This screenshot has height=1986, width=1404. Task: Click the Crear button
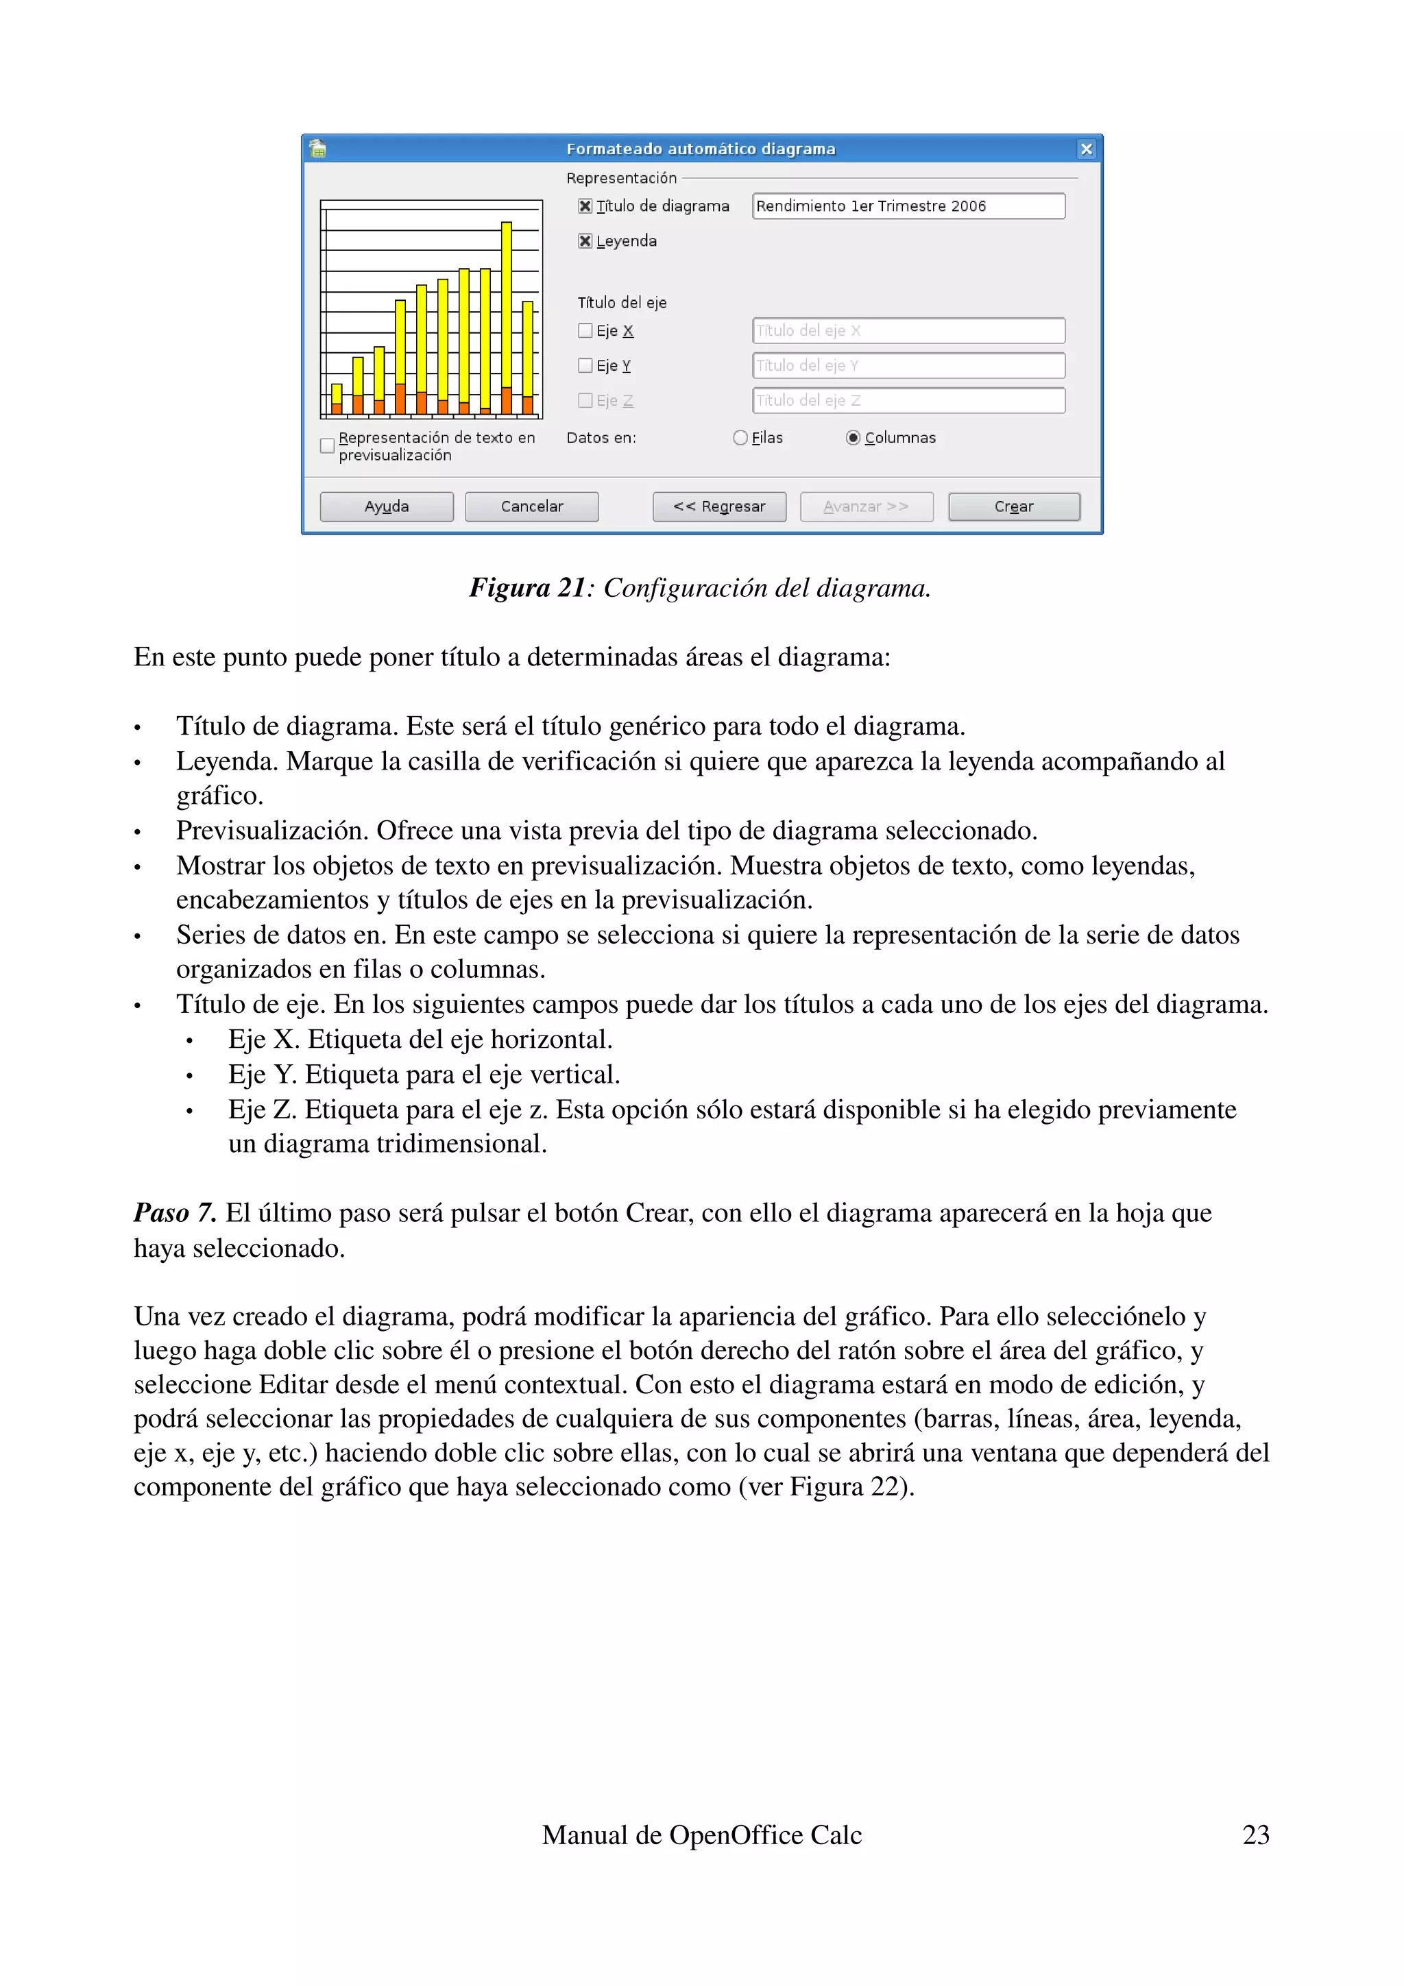coord(1013,507)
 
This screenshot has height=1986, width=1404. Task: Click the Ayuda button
coord(386,507)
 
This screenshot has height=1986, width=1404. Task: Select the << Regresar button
coord(719,507)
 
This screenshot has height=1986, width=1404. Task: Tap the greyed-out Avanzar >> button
coord(866,507)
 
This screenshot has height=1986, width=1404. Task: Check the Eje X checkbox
coord(585,330)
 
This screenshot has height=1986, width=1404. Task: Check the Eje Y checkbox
coord(585,366)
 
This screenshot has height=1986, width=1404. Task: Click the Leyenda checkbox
coord(585,241)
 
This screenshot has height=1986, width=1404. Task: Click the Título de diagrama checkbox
coord(585,206)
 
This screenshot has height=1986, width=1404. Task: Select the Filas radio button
coord(740,438)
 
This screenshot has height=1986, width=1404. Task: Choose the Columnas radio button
coord(853,438)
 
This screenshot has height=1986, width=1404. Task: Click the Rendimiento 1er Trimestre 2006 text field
coord(908,206)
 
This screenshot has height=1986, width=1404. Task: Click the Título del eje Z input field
coord(908,400)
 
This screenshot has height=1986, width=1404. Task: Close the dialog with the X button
coord(1087,149)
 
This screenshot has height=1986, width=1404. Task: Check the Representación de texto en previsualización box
coord(327,446)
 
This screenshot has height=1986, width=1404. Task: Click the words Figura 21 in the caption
coord(526,588)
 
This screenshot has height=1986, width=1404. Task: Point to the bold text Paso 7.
coord(175,1213)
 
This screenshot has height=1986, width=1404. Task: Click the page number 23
coord(1255,1835)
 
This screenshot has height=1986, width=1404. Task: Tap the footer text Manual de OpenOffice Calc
coord(701,1835)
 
